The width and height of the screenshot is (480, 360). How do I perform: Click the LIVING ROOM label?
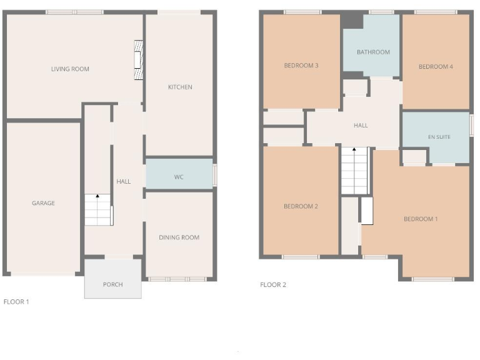click(x=70, y=69)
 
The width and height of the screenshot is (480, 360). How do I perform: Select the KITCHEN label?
click(x=180, y=87)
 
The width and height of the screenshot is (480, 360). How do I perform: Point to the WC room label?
click(x=179, y=177)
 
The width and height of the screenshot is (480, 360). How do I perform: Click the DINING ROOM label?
click(x=179, y=237)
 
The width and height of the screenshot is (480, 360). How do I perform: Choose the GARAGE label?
click(x=44, y=202)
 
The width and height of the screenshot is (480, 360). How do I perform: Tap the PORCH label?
click(x=113, y=284)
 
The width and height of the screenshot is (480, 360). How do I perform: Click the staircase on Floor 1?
click(x=99, y=210)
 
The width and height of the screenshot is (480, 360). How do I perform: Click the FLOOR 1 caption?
click(x=16, y=301)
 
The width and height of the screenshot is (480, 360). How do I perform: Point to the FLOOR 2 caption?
click(x=273, y=284)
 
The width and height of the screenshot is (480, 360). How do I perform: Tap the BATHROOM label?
click(x=373, y=52)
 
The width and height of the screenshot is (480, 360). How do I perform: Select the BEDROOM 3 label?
click(x=301, y=65)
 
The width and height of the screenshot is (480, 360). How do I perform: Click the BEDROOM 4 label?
click(x=436, y=66)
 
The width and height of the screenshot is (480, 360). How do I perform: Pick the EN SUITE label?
click(x=439, y=136)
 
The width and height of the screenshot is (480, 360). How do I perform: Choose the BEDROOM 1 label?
click(x=421, y=219)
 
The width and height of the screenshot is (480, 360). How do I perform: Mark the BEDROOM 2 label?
click(x=301, y=206)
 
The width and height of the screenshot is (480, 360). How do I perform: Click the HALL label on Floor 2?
click(x=361, y=125)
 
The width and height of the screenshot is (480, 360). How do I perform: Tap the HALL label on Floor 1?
click(x=123, y=181)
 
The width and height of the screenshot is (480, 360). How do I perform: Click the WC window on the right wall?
click(x=215, y=174)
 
